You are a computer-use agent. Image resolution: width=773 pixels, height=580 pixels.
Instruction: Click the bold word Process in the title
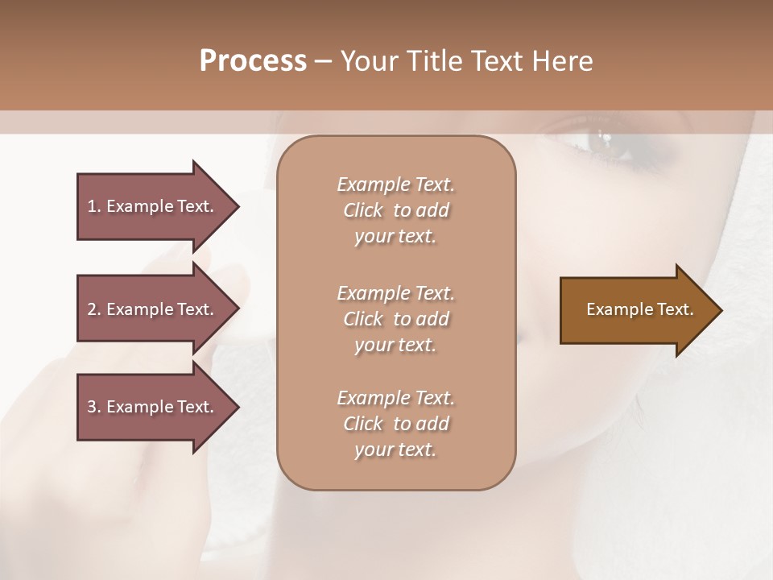pyautogui.click(x=253, y=61)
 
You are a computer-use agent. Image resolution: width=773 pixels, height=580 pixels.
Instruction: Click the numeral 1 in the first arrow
pyautogui.click(x=92, y=206)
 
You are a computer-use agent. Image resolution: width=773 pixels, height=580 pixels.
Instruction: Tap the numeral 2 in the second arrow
pyautogui.click(x=92, y=309)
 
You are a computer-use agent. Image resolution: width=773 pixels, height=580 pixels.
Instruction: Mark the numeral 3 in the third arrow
pyautogui.click(x=92, y=407)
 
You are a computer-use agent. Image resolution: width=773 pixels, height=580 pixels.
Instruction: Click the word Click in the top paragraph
pyautogui.click(x=363, y=210)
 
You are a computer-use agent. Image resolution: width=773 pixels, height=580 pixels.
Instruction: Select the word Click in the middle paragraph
pyautogui.click(x=363, y=319)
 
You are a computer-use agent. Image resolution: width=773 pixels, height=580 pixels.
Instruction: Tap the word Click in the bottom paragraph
pyautogui.click(x=363, y=424)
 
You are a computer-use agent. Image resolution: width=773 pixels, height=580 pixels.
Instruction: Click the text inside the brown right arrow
pyautogui.click(x=640, y=309)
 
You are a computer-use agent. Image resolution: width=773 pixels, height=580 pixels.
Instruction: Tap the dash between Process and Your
pyautogui.click(x=323, y=61)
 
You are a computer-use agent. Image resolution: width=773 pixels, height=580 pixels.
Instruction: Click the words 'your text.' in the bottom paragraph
pyautogui.click(x=395, y=449)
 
